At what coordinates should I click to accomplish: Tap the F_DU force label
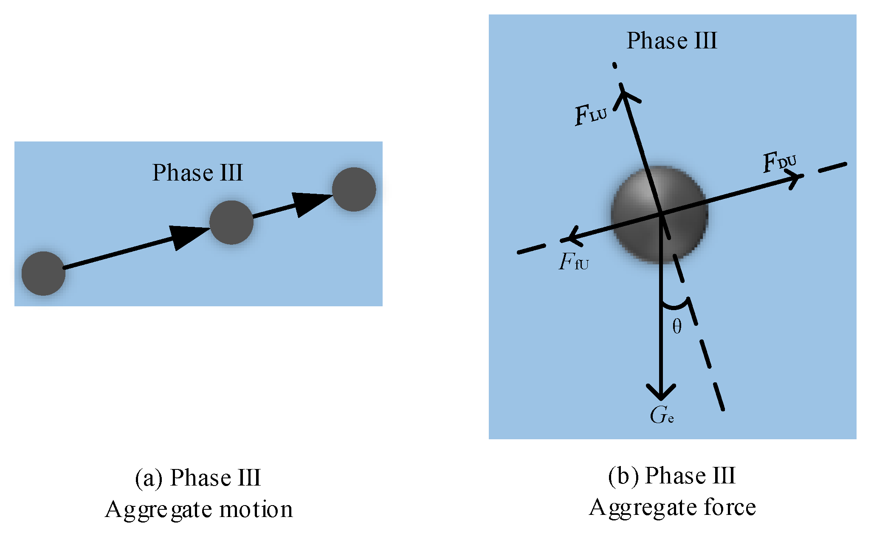(779, 162)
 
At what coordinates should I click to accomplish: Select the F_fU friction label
(574, 262)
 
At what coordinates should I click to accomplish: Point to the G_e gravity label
(661, 415)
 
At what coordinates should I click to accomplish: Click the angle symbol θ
(677, 327)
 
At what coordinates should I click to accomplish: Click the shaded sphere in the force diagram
(660, 215)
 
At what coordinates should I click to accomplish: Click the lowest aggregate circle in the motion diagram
(43, 273)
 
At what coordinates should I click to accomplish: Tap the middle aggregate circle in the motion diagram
(231, 222)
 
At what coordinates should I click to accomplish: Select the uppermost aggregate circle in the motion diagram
(354, 189)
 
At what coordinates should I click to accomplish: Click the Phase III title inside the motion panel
(197, 172)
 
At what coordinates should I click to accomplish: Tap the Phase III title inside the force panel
(672, 41)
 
